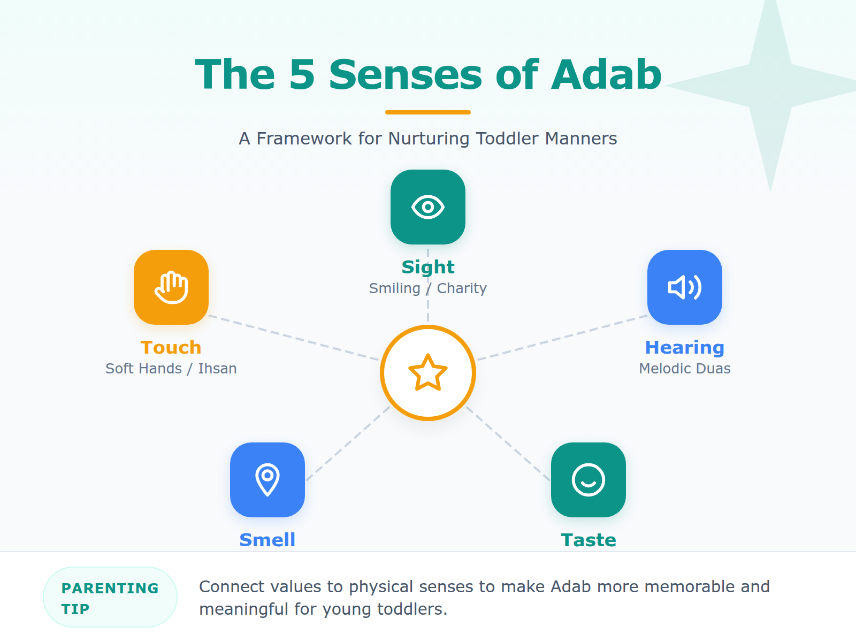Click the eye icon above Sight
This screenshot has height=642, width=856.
coord(428,207)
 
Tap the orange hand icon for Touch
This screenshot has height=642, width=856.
coord(171,287)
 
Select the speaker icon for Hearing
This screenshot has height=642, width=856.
coord(685,287)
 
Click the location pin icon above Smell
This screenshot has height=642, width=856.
coord(267,480)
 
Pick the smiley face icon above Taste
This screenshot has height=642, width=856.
coord(588,480)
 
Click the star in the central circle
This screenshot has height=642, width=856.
coord(428,372)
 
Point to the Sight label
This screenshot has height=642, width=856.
coord(428,267)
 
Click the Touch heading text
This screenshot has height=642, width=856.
coord(171,348)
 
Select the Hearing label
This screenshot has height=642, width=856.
coord(685,348)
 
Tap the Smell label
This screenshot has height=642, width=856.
coord(267,540)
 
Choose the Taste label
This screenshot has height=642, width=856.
coord(588,540)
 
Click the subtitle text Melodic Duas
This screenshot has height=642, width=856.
coord(685,369)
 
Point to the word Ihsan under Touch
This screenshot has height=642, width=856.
coord(217,369)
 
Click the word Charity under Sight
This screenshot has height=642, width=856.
coord(462,288)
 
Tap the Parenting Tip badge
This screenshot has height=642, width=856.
coord(110,598)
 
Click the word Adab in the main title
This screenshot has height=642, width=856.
coord(606,74)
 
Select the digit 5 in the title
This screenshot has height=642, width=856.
coord(302,74)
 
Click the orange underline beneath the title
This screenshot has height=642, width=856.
coord(428,112)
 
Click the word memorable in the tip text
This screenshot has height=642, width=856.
coord(690,587)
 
